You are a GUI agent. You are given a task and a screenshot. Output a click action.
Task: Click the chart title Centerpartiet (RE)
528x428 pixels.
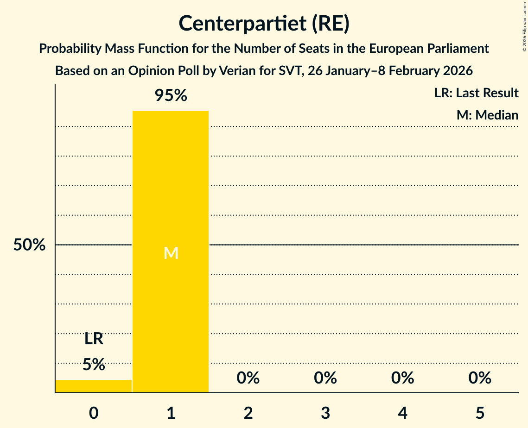tap(264, 24)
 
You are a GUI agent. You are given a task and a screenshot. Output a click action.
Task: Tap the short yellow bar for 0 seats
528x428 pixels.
tap(94, 386)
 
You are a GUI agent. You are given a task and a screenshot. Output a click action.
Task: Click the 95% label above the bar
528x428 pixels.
tap(171, 96)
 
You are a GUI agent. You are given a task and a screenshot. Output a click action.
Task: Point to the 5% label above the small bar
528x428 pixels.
tap(94, 365)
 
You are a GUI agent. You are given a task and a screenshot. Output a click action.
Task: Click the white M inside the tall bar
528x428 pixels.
tap(171, 253)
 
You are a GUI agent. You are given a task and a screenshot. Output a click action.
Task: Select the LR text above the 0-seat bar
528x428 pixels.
tap(94, 340)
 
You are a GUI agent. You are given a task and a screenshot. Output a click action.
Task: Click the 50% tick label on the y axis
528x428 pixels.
tap(29, 245)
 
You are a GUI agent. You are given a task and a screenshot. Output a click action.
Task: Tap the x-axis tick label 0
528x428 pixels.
tap(94, 413)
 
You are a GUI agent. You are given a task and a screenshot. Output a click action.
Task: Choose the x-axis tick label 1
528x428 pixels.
tap(171, 413)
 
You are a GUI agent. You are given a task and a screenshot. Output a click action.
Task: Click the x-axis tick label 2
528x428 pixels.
tap(248, 413)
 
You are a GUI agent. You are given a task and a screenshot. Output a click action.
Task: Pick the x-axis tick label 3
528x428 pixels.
tap(325, 413)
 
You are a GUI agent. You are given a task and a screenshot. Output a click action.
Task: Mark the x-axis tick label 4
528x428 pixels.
tap(402, 413)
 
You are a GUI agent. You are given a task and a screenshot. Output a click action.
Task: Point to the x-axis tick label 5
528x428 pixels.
tap(480, 413)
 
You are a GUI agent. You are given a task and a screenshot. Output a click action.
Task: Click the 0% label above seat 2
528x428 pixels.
tap(248, 378)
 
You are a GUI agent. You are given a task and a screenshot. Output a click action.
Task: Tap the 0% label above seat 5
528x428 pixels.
tap(480, 378)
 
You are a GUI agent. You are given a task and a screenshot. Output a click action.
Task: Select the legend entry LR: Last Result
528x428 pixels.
tap(476, 93)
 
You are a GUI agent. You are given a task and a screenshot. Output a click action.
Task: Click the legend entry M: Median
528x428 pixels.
tap(487, 115)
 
